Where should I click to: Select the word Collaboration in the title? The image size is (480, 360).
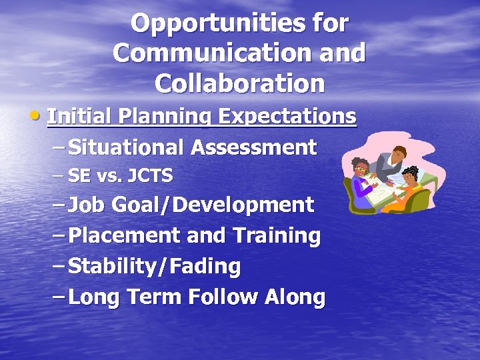click(x=239, y=84)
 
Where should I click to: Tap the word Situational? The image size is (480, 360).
click(x=126, y=147)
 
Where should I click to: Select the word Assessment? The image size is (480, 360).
click(x=253, y=147)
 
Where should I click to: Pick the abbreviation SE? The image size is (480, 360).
click(x=79, y=176)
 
